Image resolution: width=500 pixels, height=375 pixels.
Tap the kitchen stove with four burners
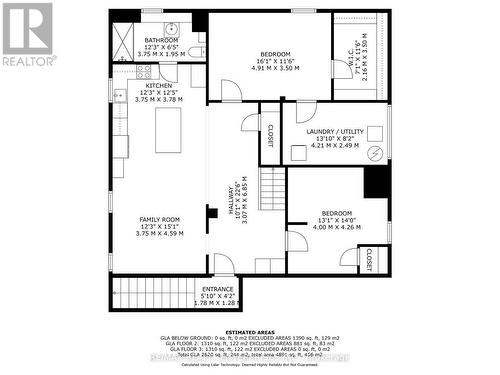pyautogui.click(x=144, y=71)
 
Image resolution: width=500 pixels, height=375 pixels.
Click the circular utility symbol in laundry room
pyautogui.click(x=375, y=153)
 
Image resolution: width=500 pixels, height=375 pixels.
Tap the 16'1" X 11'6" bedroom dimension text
pyautogui.click(x=275, y=61)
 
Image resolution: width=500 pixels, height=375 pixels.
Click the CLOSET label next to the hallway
pyautogui.click(x=270, y=134)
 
